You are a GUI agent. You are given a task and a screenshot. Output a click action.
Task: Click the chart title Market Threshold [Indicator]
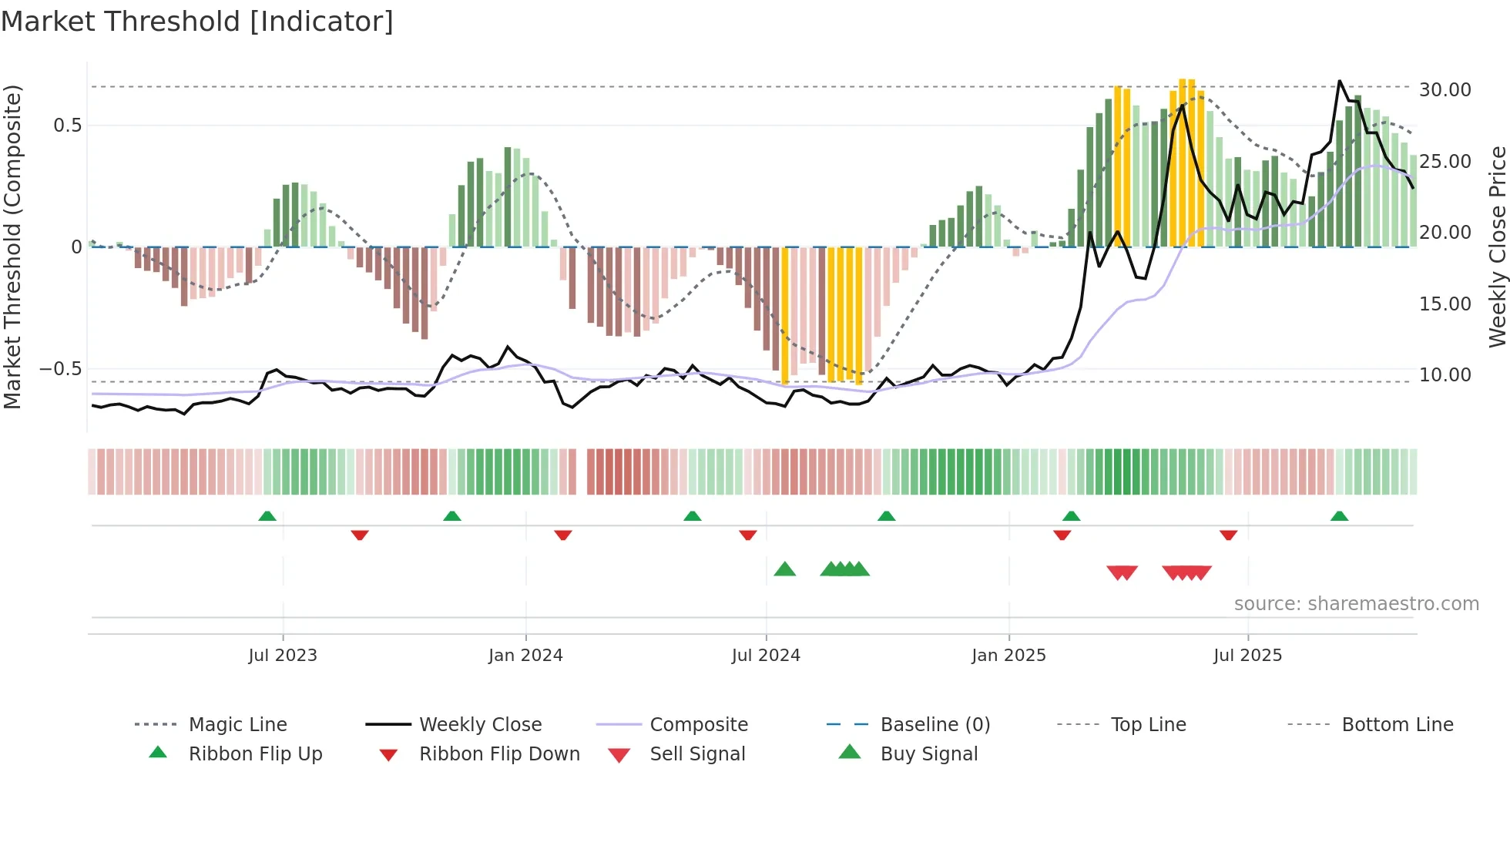197,22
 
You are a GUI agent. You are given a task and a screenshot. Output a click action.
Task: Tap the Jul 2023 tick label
283,656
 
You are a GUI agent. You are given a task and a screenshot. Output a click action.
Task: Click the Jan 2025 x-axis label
1008,656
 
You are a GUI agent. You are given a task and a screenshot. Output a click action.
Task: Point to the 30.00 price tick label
1445,90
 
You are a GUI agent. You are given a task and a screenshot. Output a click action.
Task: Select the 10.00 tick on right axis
1445,375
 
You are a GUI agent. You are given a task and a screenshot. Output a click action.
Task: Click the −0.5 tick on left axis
61,369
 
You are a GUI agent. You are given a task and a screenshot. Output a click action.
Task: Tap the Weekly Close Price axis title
1497,247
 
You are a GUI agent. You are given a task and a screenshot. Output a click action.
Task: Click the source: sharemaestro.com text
1356,604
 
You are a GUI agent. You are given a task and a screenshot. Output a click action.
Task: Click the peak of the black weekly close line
1340,82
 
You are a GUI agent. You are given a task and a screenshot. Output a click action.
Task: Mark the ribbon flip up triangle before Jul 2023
267,516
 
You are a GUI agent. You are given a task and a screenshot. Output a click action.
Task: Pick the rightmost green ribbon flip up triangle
1339,516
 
